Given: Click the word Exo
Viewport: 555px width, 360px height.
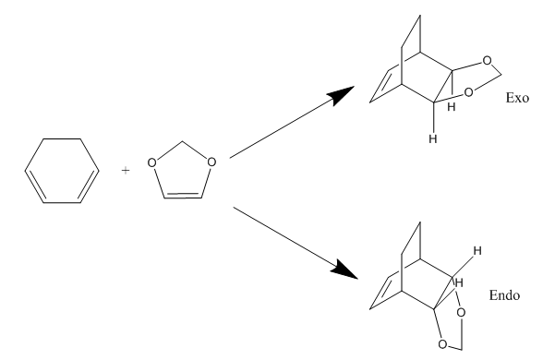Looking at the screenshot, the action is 517,98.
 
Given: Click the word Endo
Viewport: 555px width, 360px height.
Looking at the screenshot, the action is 504,295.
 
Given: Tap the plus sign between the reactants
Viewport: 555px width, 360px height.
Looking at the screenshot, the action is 126,171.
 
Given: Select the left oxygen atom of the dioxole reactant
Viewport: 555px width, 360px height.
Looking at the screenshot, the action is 151,162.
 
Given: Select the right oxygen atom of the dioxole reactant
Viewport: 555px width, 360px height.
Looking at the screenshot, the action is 211,162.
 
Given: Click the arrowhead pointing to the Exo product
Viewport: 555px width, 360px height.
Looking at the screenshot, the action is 341,94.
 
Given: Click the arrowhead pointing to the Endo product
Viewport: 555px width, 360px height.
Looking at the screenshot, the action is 344,270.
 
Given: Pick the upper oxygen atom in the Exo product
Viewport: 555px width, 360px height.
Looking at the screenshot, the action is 487,61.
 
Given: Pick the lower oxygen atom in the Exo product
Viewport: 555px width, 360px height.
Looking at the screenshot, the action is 468,92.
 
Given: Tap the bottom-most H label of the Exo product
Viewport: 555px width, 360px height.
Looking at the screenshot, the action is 432,139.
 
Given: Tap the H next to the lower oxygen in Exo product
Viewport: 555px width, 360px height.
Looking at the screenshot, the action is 451,107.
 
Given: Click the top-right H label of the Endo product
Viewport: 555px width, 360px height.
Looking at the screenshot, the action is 477,251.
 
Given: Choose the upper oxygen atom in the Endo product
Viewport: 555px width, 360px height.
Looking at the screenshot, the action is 461,313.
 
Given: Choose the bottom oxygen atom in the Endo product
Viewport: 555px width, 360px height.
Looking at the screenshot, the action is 442,344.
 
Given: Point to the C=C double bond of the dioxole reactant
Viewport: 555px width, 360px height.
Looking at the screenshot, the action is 183,196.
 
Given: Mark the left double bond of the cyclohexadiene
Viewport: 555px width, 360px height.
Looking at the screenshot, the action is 35,186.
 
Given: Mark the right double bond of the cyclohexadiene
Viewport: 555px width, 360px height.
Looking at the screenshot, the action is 89,186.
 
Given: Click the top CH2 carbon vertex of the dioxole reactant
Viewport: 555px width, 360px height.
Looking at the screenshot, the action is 182,141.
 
